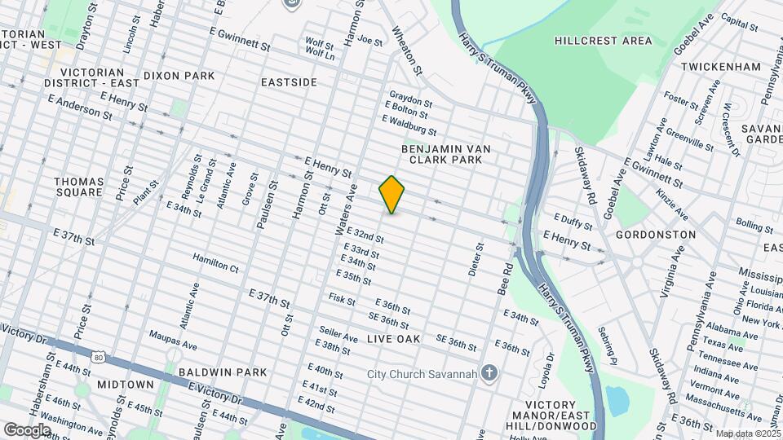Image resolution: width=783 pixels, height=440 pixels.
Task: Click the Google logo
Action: (27, 429)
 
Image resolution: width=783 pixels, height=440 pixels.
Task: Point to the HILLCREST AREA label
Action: (603, 40)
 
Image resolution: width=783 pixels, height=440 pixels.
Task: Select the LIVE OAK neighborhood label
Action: (393, 338)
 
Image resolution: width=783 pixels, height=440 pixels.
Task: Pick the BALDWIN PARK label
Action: (223, 372)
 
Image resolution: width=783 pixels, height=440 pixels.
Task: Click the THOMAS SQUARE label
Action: (79, 187)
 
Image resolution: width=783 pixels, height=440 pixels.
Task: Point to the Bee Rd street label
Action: (507, 279)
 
